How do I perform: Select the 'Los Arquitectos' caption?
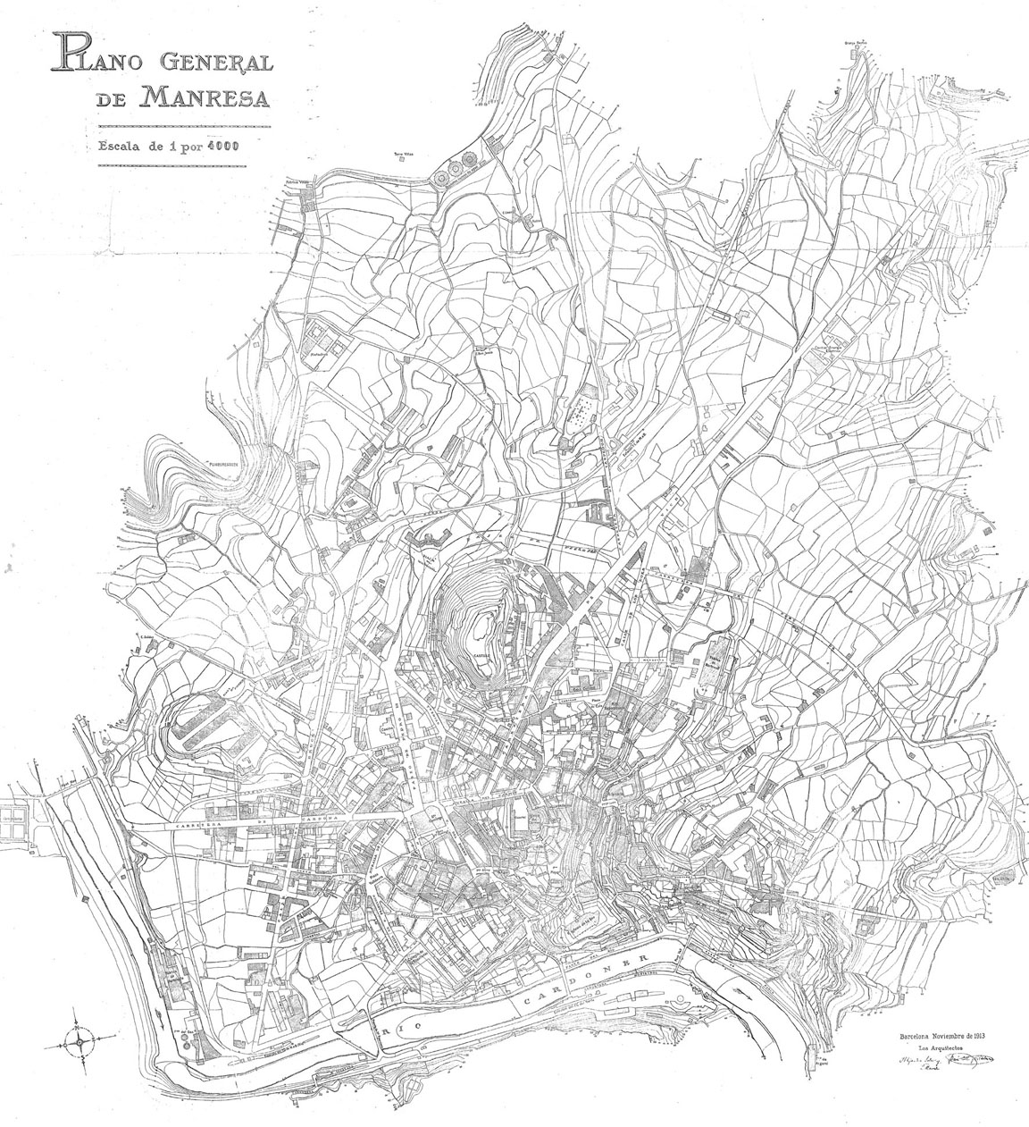coord(931,1048)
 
